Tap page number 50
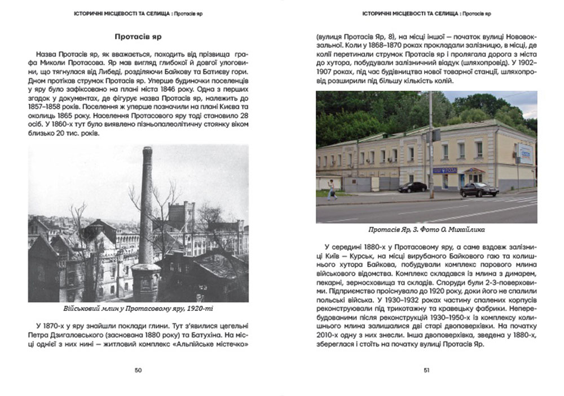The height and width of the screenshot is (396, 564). (138, 370)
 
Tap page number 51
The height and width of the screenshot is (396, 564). (426, 370)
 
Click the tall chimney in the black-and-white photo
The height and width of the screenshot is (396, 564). (147, 214)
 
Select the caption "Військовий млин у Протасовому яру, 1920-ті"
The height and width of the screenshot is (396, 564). (138, 309)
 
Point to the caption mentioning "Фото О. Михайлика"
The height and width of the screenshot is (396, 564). (426, 230)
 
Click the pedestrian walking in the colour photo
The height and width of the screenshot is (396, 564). (332, 190)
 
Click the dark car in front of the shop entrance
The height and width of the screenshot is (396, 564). (479, 189)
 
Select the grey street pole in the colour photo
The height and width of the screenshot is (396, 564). (430, 146)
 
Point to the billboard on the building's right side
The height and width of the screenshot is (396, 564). (525, 153)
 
